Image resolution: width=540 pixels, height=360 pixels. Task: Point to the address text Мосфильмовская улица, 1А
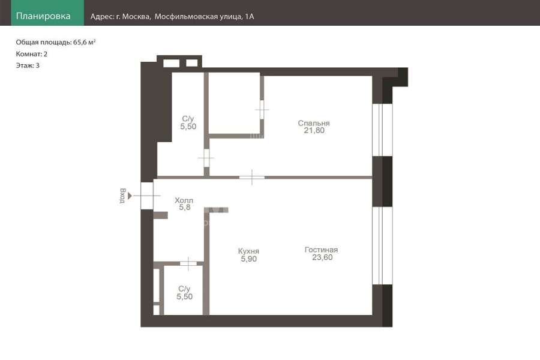204,17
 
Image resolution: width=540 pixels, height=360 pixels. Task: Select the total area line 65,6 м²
55,43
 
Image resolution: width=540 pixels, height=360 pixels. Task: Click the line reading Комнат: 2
32,54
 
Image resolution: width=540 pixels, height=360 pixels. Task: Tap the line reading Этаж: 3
28,65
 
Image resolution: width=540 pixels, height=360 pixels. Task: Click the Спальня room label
314,123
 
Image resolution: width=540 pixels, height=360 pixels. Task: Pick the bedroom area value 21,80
314,130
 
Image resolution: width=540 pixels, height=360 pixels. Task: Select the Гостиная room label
322,250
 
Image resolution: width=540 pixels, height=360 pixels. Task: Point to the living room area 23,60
322,257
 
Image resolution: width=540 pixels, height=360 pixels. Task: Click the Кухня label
248,251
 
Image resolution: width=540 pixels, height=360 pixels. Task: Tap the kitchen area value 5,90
248,259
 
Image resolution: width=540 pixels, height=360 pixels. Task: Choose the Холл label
184,200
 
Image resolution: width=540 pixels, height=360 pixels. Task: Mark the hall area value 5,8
185,207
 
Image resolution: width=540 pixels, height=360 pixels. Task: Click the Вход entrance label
122,196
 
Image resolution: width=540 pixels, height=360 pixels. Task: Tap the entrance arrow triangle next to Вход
130,196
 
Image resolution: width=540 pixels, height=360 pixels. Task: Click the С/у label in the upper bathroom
188,119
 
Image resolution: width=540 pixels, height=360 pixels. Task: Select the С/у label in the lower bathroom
184,289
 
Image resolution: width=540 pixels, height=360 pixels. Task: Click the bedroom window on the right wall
382,130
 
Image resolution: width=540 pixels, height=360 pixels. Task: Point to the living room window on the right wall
382,245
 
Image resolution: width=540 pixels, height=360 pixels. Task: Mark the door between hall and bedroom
252,178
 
